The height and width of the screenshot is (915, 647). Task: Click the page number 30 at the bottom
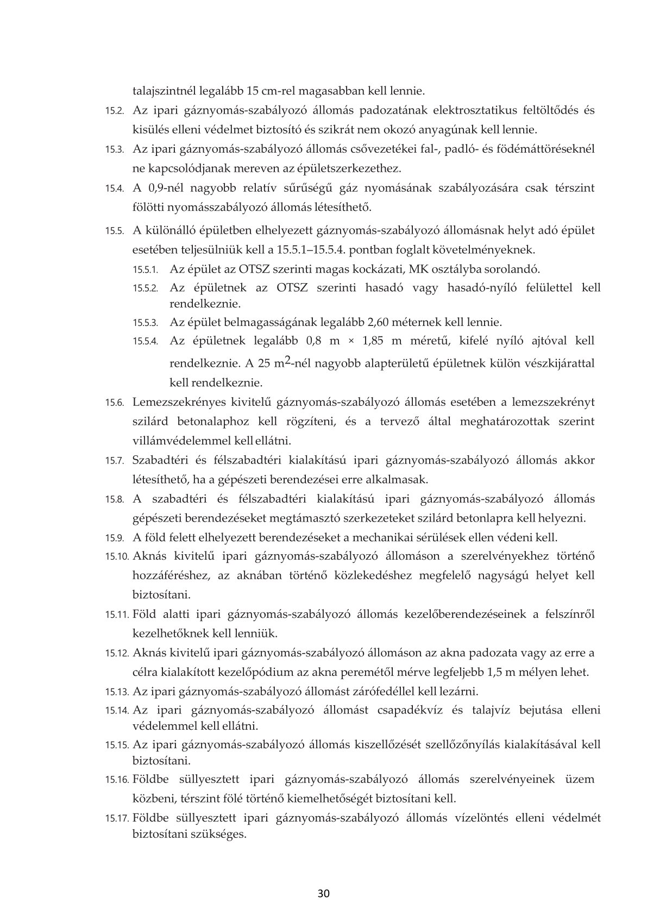click(x=324, y=894)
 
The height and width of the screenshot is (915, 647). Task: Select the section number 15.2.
click(x=115, y=111)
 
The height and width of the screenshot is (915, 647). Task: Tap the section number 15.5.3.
click(x=146, y=322)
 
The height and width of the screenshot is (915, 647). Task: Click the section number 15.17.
click(x=117, y=818)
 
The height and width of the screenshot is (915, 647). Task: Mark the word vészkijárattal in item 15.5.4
click(x=560, y=363)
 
